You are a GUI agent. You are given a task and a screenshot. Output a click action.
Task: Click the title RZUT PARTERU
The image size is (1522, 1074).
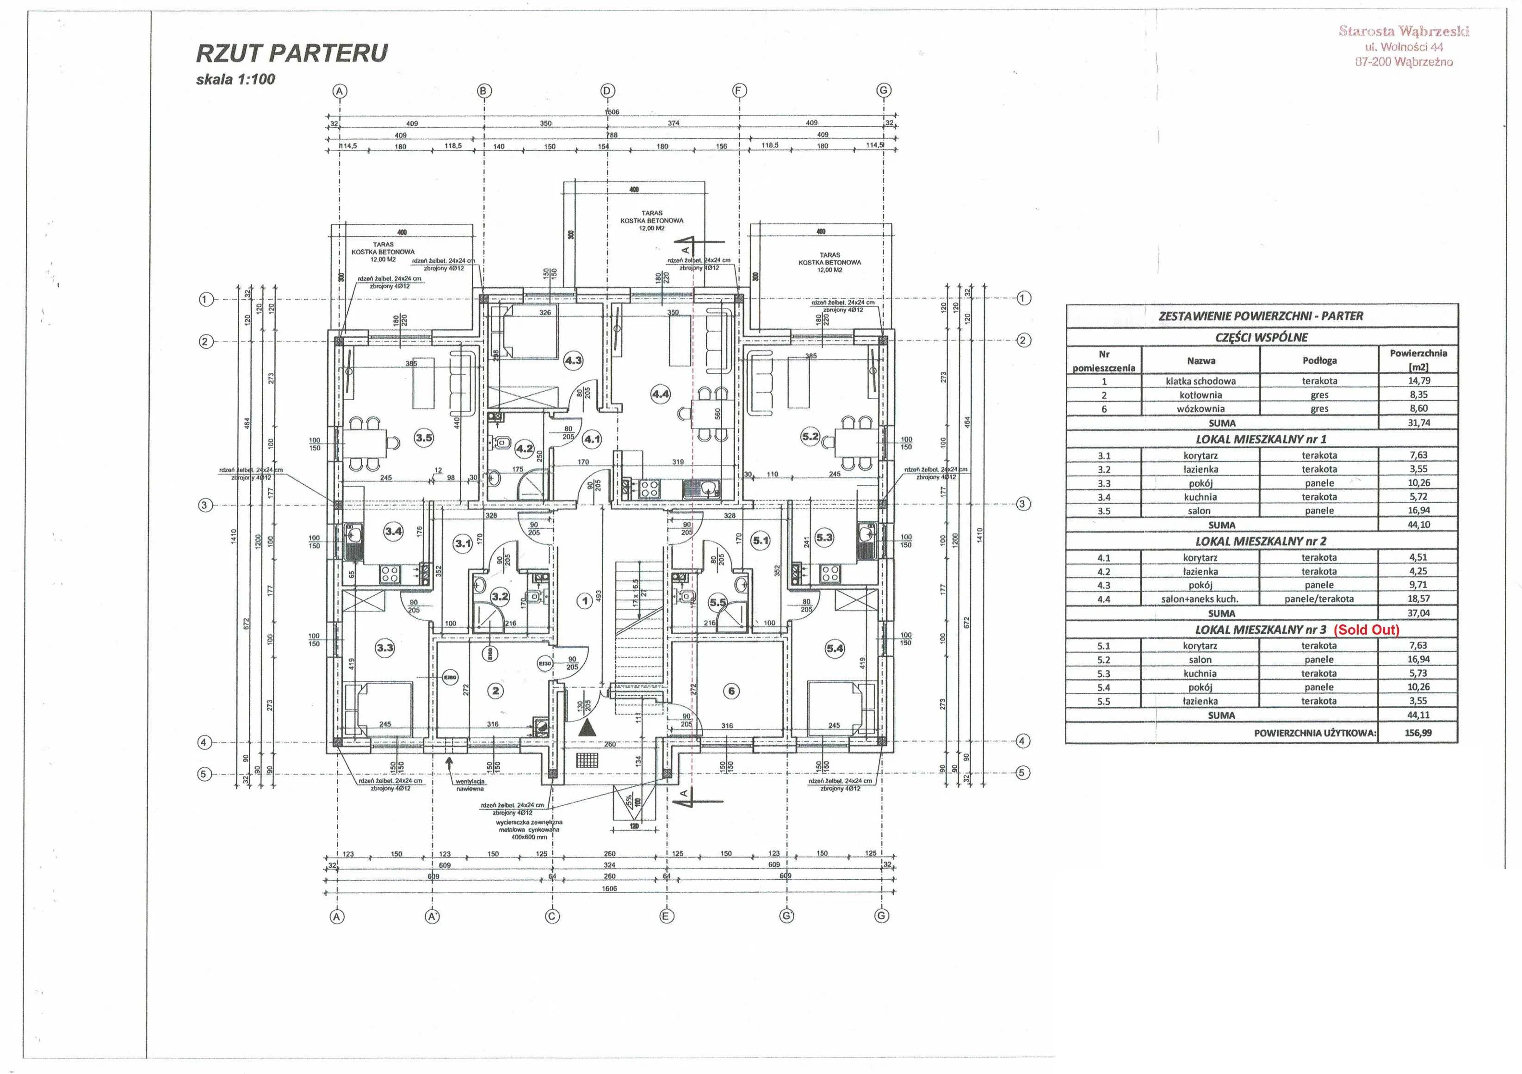(x=291, y=53)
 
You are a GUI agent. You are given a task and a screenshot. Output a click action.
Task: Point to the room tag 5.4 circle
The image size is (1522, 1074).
(x=835, y=648)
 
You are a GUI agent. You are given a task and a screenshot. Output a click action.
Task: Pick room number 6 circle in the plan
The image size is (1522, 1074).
(x=731, y=691)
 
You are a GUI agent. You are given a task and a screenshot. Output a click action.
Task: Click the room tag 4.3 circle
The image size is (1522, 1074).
(x=573, y=361)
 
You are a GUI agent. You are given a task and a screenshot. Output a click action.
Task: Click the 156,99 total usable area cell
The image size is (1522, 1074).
(x=1418, y=733)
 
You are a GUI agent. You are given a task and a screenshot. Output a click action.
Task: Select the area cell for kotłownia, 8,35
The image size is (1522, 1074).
(x=1418, y=395)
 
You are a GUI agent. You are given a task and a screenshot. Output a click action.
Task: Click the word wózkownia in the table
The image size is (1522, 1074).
(x=1200, y=409)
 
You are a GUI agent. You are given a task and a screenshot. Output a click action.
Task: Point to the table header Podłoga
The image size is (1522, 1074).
(x=1319, y=361)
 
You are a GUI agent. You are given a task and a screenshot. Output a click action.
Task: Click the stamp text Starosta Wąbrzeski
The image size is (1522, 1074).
(x=1404, y=31)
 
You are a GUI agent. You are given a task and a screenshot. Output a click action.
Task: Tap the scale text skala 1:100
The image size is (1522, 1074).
(x=235, y=80)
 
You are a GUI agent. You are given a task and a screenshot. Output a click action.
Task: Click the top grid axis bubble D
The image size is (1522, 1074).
(x=607, y=91)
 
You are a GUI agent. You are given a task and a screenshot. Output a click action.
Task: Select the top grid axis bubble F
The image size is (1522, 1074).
(x=740, y=91)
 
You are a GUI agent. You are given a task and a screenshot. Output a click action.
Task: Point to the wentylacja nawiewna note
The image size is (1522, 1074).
(x=470, y=785)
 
